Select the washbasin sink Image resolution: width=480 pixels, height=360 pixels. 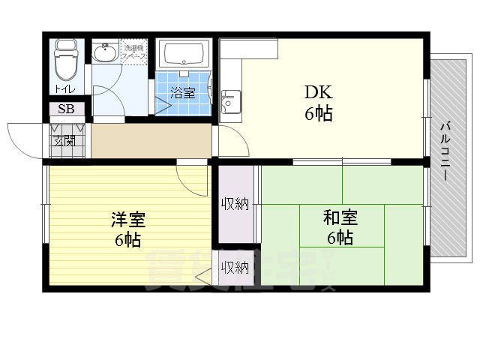point(105,54)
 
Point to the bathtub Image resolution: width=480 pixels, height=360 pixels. point(184,55)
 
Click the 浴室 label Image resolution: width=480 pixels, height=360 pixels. point(182,94)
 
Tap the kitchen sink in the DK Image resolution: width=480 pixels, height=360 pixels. point(229,98)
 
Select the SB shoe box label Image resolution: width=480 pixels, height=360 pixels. point(67,109)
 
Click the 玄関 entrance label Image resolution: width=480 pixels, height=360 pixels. point(63,140)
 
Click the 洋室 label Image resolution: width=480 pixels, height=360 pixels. point(128,220)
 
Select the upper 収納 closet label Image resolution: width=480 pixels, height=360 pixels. point(235,202)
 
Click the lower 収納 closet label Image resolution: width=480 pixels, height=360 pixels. point(235,267)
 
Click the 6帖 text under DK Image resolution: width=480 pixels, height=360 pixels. point(318,115)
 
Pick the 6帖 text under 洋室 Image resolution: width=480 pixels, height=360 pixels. point(128,241)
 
